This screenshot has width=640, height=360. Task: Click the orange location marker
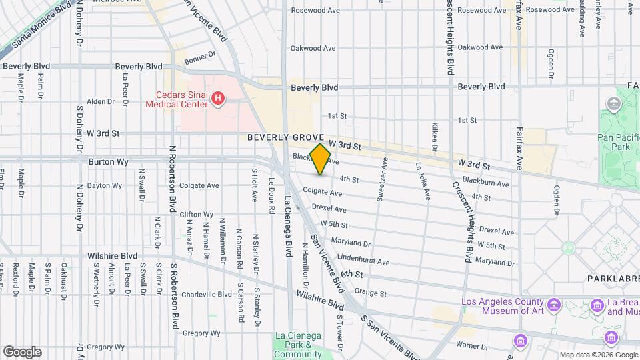click(x=321, y=159)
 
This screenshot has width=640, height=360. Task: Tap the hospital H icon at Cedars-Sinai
click(x=217, y=99)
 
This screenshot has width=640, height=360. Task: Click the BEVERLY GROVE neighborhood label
click(x=285, y=137)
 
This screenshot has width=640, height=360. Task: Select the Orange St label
click(x=371, y=293)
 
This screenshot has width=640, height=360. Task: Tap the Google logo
click(x=22, y=352)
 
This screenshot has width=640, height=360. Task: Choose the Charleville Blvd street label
click(x=207, y=294)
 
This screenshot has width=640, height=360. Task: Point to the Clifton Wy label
click(x=196, y=215)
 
